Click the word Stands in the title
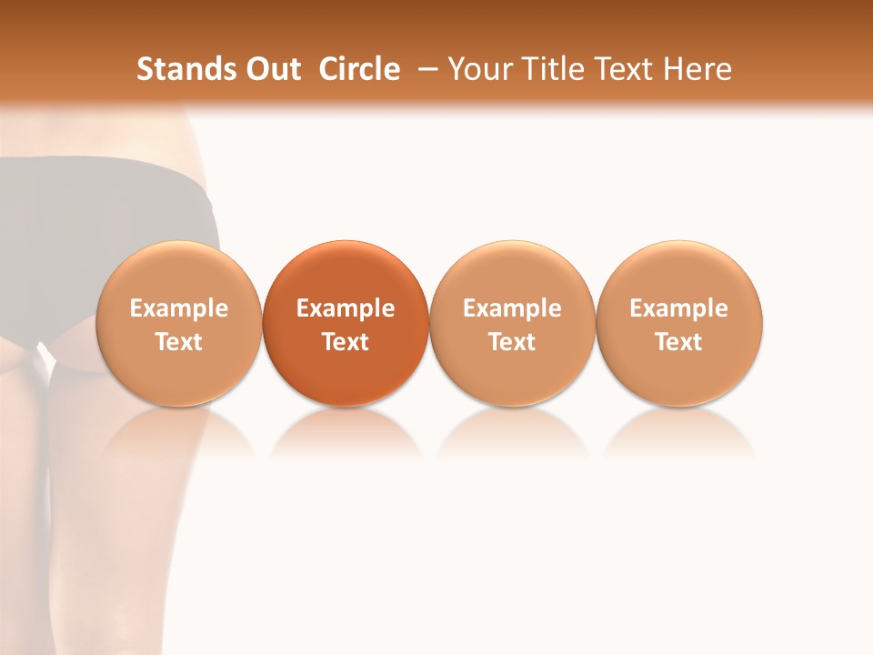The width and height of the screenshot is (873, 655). tap(184, 69)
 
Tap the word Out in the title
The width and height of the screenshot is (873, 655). tap(271, 69)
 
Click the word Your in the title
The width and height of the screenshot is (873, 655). tap(477, 69)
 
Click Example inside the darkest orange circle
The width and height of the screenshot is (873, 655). tap(346, 308)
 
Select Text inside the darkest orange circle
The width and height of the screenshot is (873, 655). tap(346, 342)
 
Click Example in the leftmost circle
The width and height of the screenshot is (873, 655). tap(179, 308)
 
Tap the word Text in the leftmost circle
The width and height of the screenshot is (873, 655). tap(179, 342)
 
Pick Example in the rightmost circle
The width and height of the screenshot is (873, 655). tap(679, 308)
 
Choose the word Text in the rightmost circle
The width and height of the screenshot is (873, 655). tap(679, 342)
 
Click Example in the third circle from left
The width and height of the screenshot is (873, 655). tap(512, 308)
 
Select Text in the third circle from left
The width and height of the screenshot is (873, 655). tap(512, 342)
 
